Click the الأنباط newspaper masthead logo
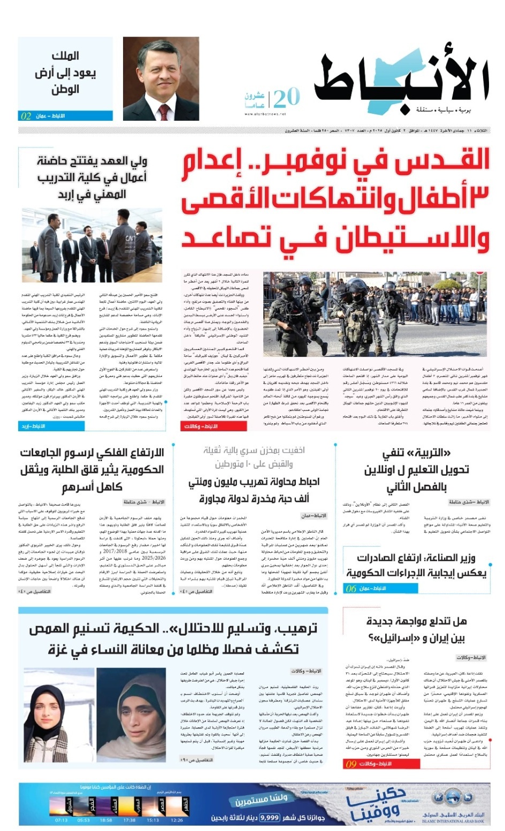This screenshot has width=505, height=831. point(401,80)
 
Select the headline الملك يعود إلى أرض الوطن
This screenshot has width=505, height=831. point(65,73)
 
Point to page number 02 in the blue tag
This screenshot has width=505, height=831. point(26,116)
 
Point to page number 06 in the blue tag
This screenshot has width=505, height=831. point(351,588)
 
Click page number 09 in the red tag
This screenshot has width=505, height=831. point(351,764)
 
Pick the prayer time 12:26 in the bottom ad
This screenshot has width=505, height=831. point(177,820)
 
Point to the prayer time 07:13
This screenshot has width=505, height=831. point(61,820)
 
